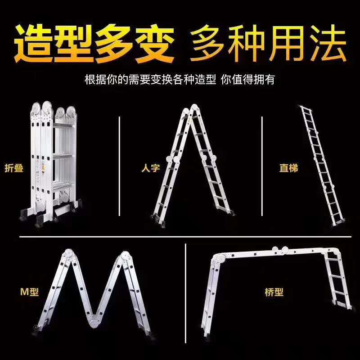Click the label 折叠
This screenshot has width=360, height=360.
[14, 168]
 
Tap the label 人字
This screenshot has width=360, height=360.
[151, 168]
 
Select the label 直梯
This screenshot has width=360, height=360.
[288, 168]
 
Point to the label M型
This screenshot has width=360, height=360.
[30, 292]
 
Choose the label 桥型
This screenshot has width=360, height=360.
[274, 292]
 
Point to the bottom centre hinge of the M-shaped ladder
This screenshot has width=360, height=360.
[95, 320]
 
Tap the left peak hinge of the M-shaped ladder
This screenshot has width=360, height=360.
[68, 254]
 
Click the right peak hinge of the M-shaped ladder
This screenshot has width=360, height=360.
[125, 256]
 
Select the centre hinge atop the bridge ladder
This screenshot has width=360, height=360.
[280, 251]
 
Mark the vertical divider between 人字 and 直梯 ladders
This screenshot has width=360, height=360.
[262, 166]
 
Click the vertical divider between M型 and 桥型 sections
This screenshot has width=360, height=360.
[185, 293]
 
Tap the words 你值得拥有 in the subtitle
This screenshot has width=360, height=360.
[248, 80]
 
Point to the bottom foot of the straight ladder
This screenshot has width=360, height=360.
[339, 222]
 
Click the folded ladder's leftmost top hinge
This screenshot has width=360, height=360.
[36, 108]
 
